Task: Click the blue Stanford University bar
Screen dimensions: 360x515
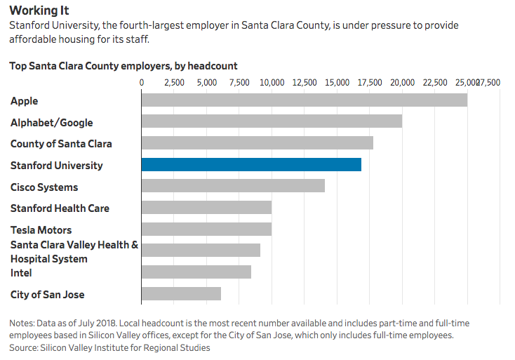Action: pyautogui.click(x=251, y=165)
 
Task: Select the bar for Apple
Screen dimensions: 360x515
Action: pyautogui.click(x=305, y=100)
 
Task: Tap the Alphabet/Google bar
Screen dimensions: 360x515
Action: pyautogui.click(x=272, y=121)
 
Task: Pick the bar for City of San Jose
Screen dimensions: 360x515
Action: pyautogui.click(x=181, y=294)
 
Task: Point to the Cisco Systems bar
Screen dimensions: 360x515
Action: pyautogui.click(x=233, y=186)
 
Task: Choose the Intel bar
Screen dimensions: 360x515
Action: pyautogui.click(x=196, y=272)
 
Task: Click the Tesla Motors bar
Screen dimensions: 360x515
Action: pyautogui.click(x=206, y=229)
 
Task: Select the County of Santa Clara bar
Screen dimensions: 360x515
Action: pyautogui.click(x=257, y=143)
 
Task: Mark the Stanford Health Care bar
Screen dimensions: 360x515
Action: pyautogui.click(x=206, y=208)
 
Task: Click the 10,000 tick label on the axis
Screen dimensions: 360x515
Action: pyautogui.click(x=272, y=82)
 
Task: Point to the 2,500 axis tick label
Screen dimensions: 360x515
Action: pyautogui.click(x=174, y=82)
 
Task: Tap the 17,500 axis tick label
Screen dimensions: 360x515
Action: pyautogui.click(x=370, y=82)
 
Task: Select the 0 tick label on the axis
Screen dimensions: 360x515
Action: pyautogui.click(x=142, y=82)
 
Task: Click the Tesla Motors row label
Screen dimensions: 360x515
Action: pyautogui.click(x=41, y=230)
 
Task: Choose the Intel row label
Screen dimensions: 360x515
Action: pyautogui.click(x=21, y=273)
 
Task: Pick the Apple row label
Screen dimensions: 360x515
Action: pyautogui.click(x=25, y=101)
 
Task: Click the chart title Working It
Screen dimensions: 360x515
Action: pyautogui.click(x=39, y=11)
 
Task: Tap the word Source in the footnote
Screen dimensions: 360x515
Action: pyautogui.click(x=23, y=347)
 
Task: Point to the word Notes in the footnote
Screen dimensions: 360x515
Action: pyautogui.click(x=22, y=324)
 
